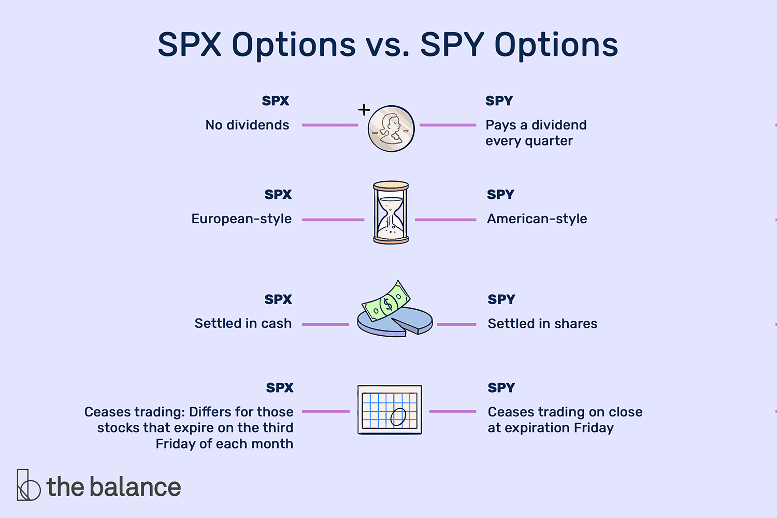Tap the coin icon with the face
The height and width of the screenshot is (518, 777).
391,128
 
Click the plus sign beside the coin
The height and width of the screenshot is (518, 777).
364,110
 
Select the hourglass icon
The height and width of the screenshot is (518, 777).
391,212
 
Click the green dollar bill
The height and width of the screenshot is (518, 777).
386,301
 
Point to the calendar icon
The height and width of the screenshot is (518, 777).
390,410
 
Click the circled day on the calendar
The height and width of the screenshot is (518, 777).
398,416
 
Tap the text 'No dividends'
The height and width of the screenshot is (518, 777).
247,125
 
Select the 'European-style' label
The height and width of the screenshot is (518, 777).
241,219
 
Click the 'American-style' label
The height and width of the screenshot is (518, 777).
537,219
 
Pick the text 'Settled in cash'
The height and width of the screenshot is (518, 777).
243,323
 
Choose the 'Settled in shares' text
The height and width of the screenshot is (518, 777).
542,324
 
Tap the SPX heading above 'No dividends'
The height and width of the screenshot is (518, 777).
276,101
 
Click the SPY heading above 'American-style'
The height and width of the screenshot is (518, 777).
500,195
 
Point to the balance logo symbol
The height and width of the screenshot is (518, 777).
28,485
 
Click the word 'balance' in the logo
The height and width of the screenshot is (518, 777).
136,486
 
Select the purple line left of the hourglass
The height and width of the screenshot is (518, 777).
333,220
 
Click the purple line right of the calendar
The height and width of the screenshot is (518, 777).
453,411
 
